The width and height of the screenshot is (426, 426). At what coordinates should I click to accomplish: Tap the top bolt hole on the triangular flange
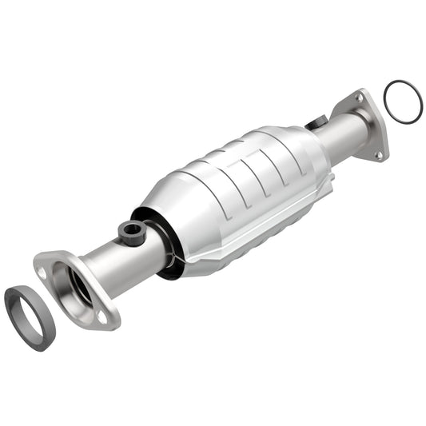359,98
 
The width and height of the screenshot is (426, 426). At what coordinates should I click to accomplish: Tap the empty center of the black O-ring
404,102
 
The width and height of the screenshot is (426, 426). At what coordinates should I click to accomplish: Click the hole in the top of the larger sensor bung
130,230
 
